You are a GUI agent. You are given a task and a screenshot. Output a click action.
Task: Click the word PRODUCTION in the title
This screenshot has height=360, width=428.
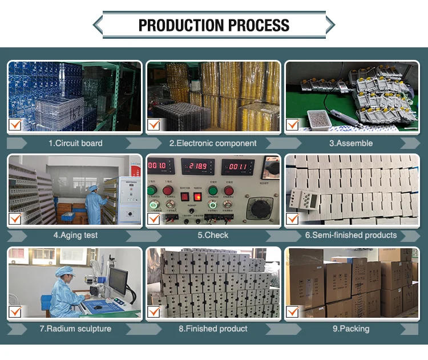181,26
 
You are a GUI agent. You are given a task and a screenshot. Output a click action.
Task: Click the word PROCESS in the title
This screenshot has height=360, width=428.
259,26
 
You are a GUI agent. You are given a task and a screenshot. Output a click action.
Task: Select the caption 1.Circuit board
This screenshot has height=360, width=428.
75,143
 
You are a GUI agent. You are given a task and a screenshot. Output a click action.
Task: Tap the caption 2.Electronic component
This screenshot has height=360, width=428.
213,143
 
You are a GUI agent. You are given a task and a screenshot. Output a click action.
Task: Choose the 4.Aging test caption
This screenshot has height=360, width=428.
75,235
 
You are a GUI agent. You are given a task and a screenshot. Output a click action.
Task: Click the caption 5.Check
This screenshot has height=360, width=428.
213,235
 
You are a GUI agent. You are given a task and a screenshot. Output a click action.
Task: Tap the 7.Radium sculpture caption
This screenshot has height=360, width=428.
75,329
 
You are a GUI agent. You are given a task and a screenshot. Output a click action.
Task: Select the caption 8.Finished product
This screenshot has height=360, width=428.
213,329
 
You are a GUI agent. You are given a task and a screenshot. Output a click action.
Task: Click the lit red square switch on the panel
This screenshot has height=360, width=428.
197,196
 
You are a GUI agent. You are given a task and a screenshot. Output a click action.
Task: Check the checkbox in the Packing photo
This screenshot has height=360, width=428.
293,312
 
